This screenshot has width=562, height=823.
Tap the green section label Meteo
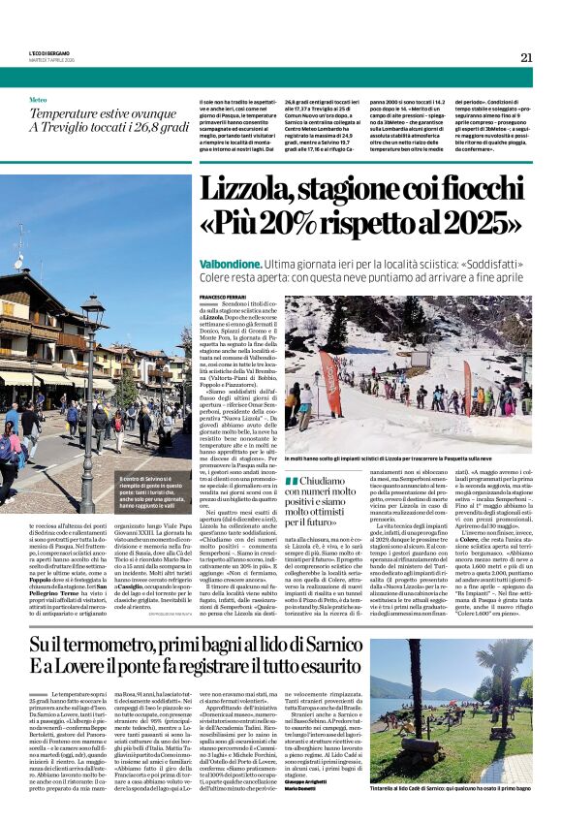click(38, 100)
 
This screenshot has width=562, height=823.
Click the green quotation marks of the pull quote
click(291, 481)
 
